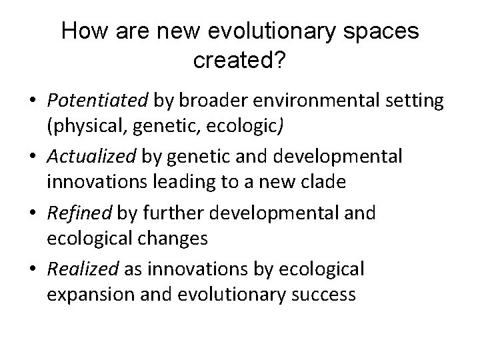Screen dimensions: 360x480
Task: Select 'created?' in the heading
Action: [x=239, y=61]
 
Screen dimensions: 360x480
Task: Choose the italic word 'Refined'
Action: [x=80, y=213]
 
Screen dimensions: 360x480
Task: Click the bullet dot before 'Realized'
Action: [x=32, y=269]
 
